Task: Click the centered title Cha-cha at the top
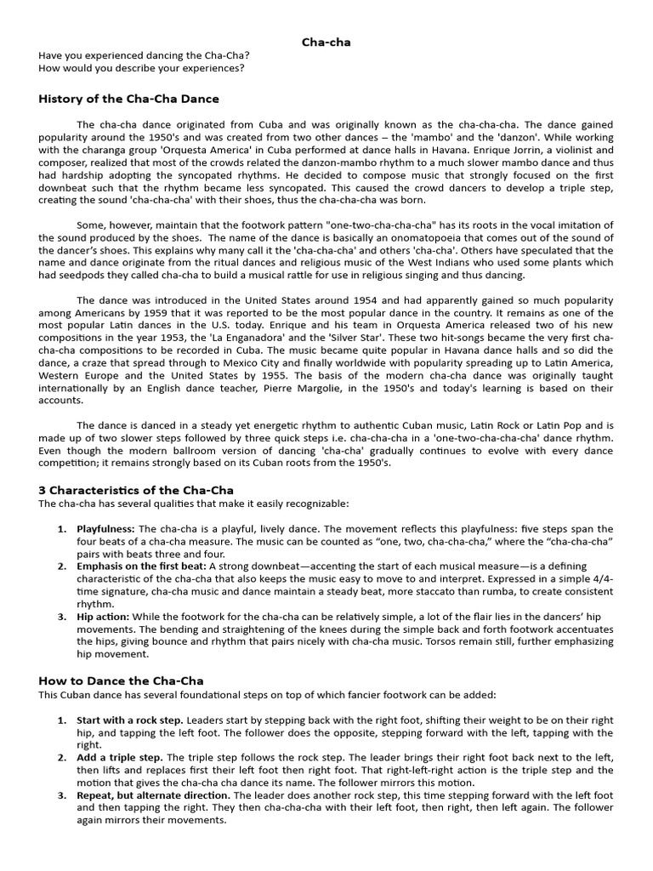(326, 42)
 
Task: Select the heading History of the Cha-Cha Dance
(128, 99)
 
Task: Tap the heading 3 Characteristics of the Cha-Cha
(136, 490)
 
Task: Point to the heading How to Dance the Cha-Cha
(121, 680)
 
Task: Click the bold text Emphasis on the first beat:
(141, 566)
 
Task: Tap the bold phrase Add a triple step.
(120, 757)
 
